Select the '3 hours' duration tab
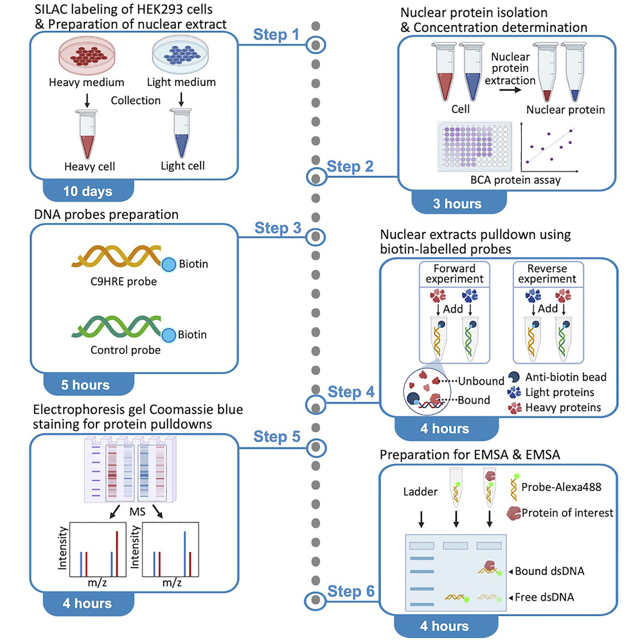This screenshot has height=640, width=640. coord(456,203)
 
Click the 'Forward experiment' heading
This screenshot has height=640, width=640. coord(456,274)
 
